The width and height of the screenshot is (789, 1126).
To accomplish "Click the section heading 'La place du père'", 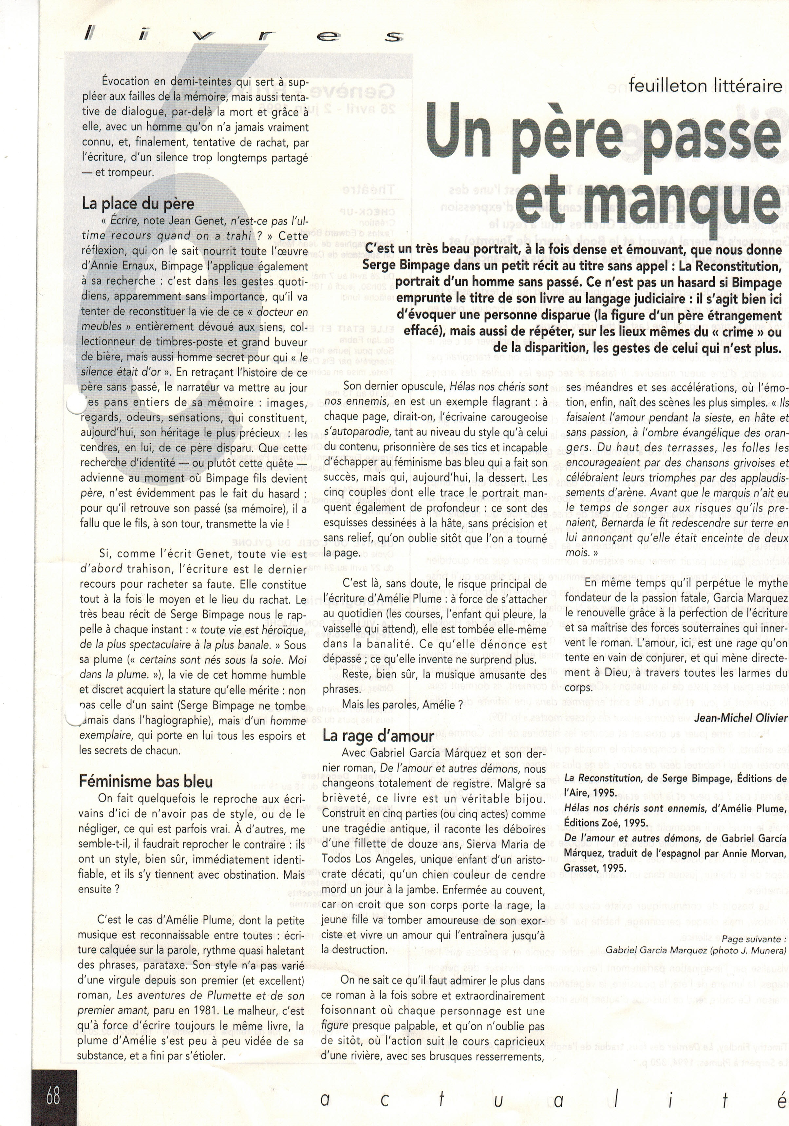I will pos(138,204).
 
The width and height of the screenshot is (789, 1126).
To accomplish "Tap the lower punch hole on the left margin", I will pos(73,717).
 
